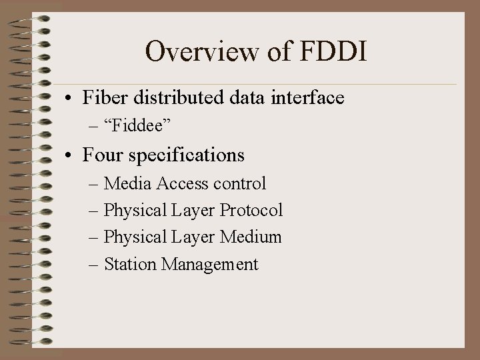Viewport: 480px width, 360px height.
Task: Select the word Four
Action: (x=101, y=155)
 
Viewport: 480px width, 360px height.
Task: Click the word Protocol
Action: (x=251, y=210)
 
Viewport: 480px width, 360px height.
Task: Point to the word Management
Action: (x=209, y=265)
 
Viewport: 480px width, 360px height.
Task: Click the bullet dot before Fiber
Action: (x=69, y=99)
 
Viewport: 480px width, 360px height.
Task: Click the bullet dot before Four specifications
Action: (x=69, y=157)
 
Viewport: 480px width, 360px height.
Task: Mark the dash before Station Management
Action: (x=94, y=265)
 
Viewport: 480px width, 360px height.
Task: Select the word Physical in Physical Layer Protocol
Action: (x=135, y=211)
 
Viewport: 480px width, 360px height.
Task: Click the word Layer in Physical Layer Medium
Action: (x=193, y=237)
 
